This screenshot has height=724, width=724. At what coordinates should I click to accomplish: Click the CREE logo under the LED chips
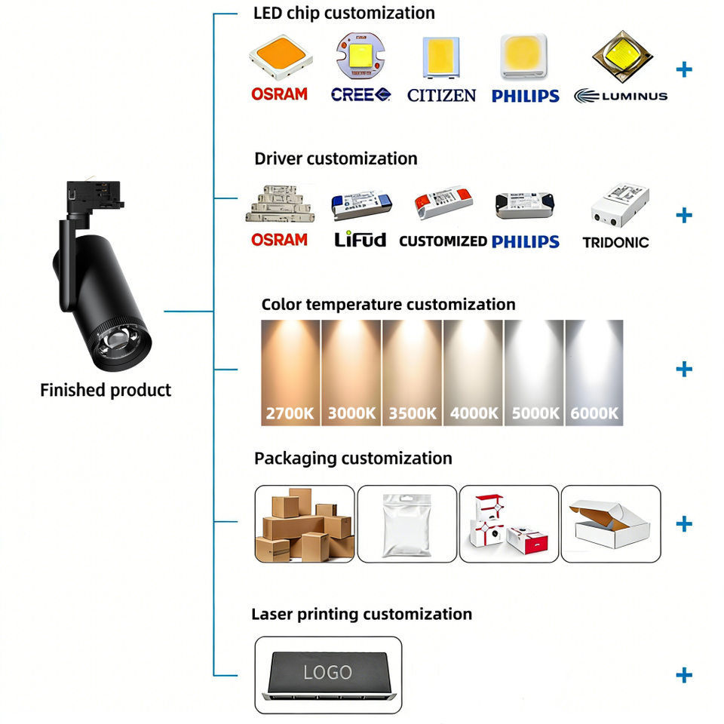[360, 95]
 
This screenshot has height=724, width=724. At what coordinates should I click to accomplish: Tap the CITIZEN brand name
[441, 96]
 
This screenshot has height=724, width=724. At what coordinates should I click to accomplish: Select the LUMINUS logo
[621, 96]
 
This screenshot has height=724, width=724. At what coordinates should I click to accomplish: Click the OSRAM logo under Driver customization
[279, 240]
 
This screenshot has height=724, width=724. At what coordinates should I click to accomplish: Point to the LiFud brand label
[360, 239]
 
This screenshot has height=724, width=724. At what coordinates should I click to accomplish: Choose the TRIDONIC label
[615, 242]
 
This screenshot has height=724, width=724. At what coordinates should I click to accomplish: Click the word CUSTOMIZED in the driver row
[443, 241]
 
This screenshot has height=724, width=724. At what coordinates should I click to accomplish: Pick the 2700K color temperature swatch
[290, 373]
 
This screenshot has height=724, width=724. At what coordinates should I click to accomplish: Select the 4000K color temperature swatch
[474, 373]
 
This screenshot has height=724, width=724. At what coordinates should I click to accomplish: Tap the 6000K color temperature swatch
[594, 373]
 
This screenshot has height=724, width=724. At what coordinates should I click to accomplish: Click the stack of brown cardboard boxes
[305, 524]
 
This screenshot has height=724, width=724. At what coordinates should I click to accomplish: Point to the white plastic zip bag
[406, 525]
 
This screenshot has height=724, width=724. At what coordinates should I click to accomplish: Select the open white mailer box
[609, 524]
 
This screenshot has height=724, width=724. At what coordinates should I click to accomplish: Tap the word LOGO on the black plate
[327, 672]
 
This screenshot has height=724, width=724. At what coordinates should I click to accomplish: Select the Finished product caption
[106, 390]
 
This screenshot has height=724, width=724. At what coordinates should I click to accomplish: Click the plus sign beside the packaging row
[684, 523]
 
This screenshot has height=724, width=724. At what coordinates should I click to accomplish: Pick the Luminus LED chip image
[622, 57]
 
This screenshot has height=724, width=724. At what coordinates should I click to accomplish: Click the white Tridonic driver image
[620, 205]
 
